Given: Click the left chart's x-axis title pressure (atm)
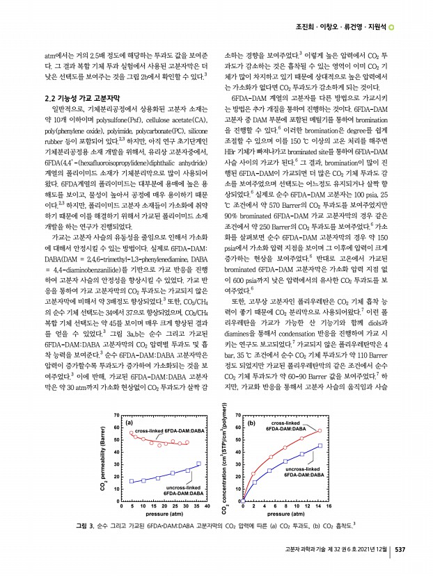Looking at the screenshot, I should [x=159, y=515].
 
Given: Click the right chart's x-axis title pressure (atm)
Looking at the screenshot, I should [x=282, y=515].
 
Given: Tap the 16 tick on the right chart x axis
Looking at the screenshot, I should [x=328, y=507].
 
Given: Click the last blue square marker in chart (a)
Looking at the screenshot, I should [x=198, y=464].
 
